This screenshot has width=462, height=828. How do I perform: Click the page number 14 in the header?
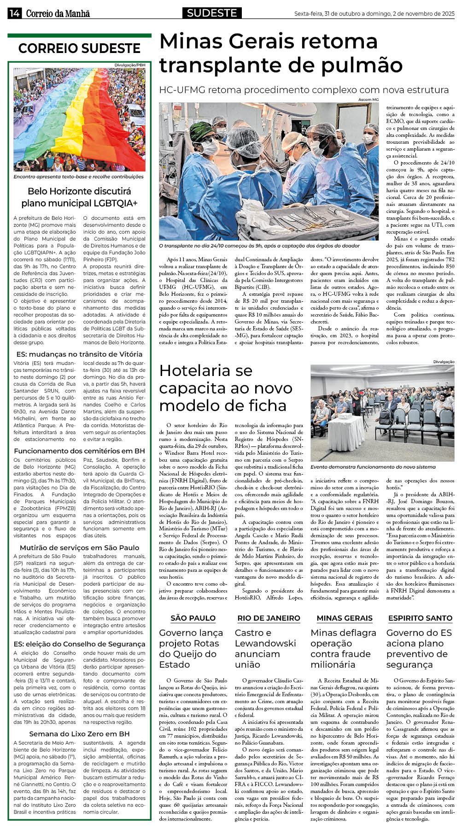pos(14,13)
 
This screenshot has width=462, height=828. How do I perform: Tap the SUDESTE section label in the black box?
pos(212,13)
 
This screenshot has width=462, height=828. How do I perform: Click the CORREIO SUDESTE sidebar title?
pos(79,48)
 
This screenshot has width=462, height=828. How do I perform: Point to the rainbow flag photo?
pos(79,119)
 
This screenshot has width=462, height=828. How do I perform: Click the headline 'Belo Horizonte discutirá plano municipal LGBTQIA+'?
pos(79,197)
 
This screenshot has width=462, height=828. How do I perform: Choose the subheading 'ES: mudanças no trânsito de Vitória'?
pos(79,354)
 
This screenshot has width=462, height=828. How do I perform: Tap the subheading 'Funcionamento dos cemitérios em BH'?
pos(79,451)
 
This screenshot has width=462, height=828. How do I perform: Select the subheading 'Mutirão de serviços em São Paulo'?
pos(79,547)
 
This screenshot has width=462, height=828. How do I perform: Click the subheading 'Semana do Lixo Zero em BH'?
pos(79,734)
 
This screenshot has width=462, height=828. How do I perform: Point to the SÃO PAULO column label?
pos(193,618)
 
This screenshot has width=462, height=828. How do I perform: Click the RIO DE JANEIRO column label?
pos(269,618)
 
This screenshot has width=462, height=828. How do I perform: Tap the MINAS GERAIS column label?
pos(345,618)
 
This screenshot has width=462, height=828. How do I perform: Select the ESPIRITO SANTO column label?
pos(420,618)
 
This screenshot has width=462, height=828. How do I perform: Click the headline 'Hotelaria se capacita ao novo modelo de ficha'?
pos(226,388)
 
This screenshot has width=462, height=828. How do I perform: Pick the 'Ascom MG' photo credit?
pos(368,100)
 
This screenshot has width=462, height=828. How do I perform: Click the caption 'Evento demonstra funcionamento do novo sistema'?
pos(373,467)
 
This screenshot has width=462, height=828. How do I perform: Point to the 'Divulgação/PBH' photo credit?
pos(130,65)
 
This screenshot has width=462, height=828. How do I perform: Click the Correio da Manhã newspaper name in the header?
pos(58,13)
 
